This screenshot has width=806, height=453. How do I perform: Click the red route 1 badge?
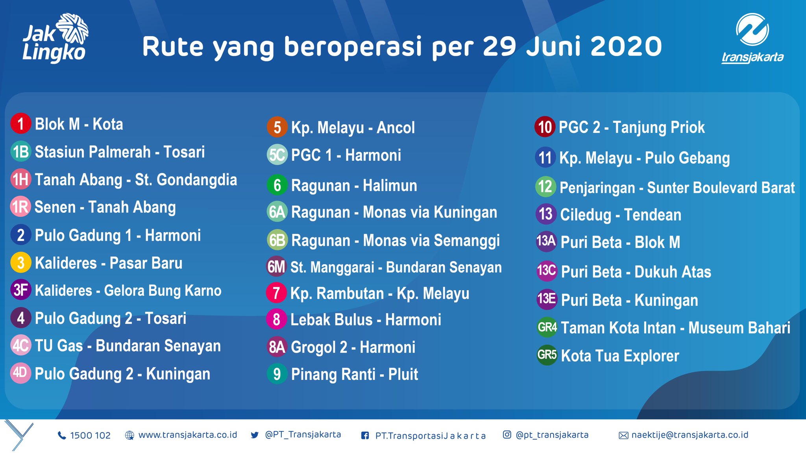coord(21,123)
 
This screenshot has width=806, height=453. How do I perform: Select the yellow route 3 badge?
coord(21,263)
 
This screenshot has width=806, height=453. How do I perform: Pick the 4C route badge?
coord(20,346)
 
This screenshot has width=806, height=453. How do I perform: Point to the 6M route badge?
coord(276,267)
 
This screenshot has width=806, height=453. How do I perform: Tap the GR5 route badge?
coord(547,355)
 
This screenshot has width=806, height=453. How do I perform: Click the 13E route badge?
coord(547,299)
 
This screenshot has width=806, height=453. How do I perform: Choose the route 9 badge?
coord(277,374)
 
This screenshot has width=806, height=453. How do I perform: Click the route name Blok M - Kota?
coord(79,124)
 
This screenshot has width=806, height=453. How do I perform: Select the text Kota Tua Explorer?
coord(620,356)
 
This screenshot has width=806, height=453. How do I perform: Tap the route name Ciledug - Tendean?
coord(621,215)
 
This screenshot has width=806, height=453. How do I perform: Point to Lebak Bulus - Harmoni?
coord(366,320)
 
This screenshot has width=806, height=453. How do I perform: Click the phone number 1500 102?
coord(90,435)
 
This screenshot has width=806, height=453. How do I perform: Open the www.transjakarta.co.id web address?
coord(188,435)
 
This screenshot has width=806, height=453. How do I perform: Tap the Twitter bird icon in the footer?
coord(255,435)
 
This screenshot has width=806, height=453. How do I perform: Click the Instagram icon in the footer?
coord(507,435)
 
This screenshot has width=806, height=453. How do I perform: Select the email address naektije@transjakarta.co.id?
coord(690,435)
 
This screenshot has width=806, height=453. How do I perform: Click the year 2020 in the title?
coord(626,47)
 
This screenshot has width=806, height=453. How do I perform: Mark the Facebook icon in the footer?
coord(365,435)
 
